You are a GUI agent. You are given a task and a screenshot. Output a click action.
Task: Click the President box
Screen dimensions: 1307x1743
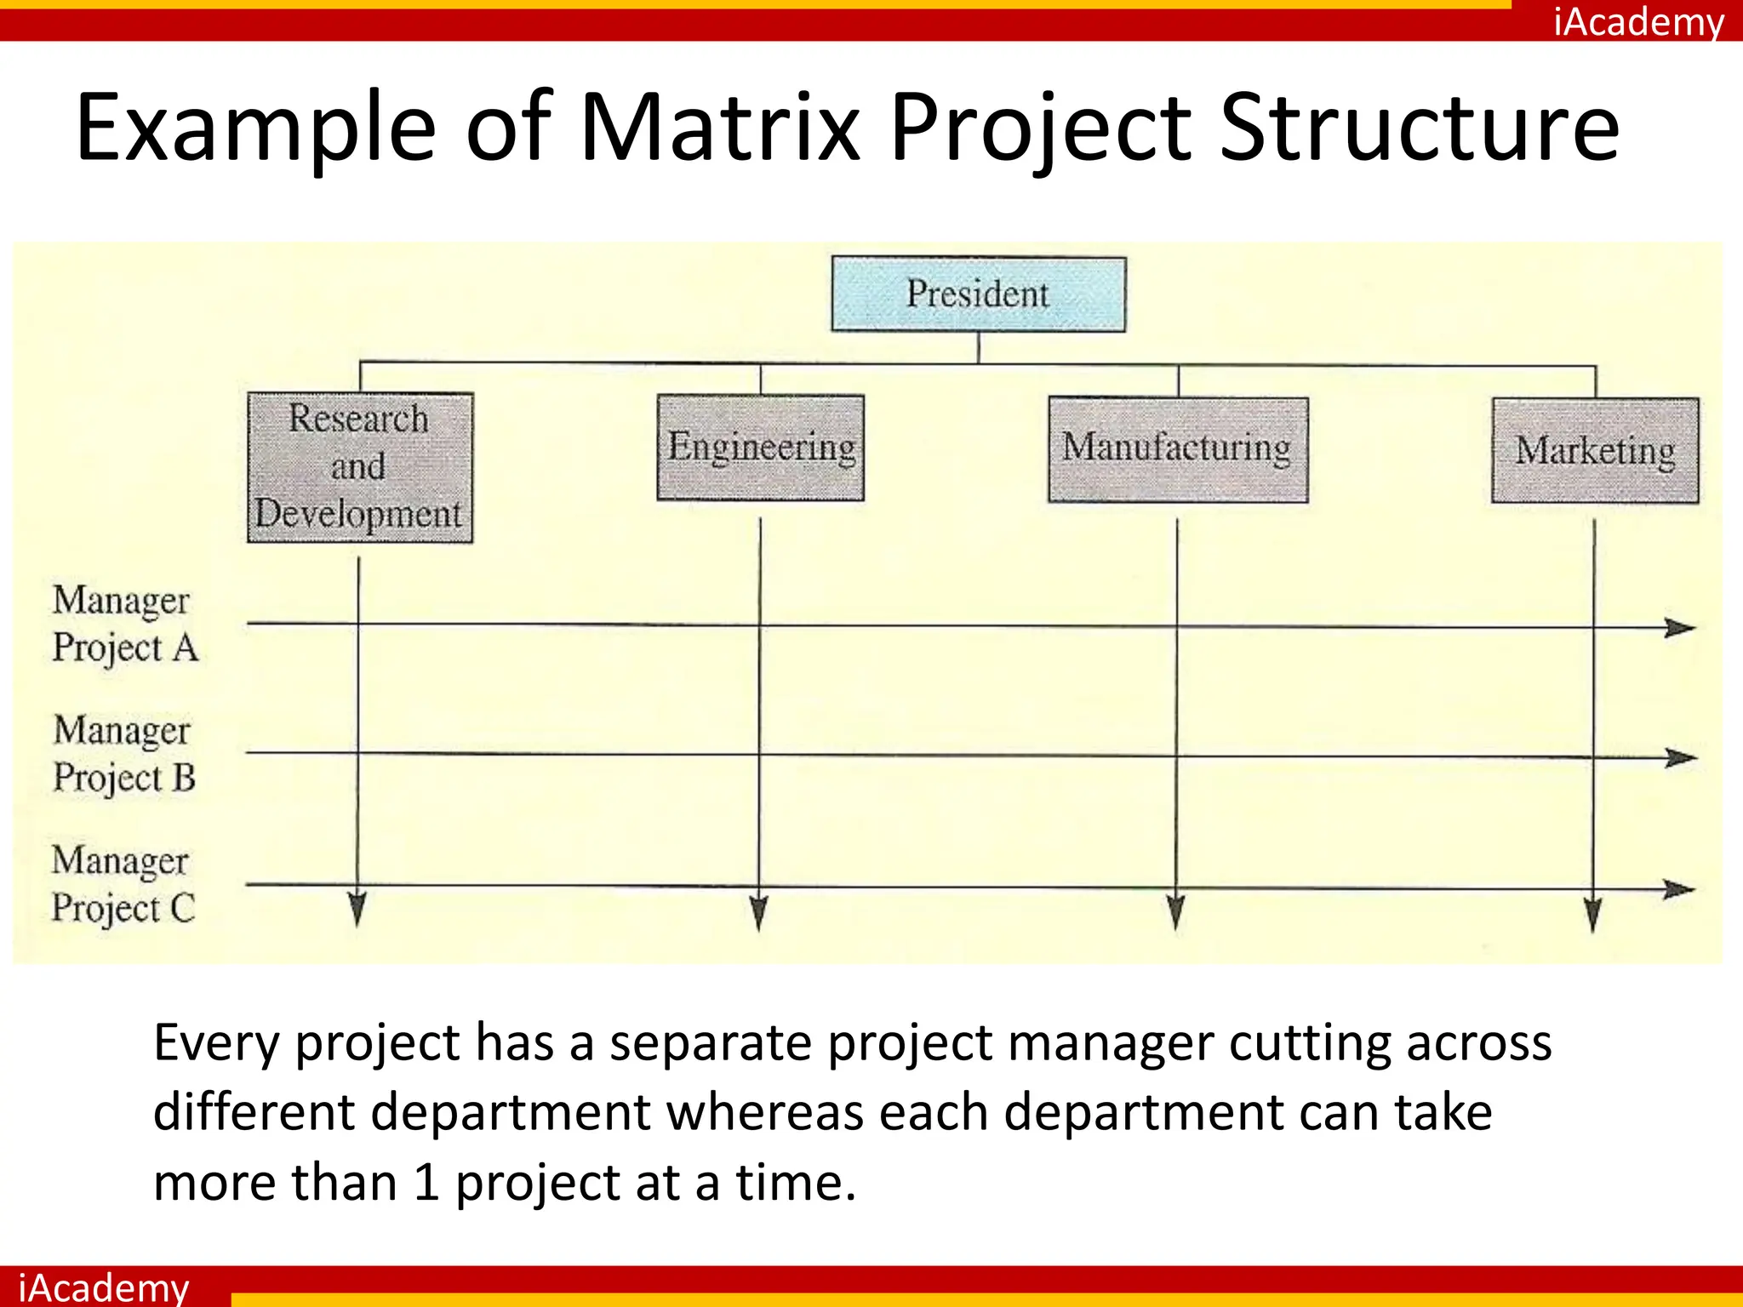(x=978, y=294)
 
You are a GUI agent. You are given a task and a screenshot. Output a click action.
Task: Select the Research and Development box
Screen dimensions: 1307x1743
(x=359, y=467)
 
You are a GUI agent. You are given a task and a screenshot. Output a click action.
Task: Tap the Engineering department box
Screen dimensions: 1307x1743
(x=760, y=448)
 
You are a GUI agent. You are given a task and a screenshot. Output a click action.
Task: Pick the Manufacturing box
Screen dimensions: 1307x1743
(x=1178, y=449)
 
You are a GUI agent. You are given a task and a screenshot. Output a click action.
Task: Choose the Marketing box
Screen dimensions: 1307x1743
(x=1595, y=451)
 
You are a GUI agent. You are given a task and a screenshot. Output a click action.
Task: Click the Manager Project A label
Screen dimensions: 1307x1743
(x=124, y=624)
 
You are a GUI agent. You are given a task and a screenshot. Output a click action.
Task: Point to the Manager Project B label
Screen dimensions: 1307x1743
(x=124, y=754)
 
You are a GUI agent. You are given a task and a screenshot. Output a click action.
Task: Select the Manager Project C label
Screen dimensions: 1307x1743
(x=123, y=884)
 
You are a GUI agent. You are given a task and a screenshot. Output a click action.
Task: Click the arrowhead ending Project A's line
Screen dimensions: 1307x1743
(x=1680, y=628)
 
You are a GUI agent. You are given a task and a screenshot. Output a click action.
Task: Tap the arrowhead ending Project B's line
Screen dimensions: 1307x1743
(x=1681, y=757)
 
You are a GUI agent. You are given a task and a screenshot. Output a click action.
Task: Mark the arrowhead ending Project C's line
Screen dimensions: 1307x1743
(x=1680, y=889)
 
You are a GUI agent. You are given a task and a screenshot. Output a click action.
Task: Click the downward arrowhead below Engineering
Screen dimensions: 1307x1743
(x=759, y=912)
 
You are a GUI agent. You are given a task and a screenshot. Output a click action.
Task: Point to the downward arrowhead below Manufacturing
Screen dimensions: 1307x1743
(x=1176, y=912)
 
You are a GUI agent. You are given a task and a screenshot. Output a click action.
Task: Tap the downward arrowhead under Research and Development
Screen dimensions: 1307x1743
(x=357, y=909)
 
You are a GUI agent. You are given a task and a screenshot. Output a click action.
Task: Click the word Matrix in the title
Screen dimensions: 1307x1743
(x=719, y=128)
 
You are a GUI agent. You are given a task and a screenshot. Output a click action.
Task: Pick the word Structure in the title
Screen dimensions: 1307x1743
(x=1419, y=128)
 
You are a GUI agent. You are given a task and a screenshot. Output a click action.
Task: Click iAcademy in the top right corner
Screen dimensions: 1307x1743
(x=1638, y=21)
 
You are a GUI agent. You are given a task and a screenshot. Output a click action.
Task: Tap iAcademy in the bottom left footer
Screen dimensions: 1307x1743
(x=103, y=1287)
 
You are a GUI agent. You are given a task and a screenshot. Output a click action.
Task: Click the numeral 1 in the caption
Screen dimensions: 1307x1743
(x=426, y=1182)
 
